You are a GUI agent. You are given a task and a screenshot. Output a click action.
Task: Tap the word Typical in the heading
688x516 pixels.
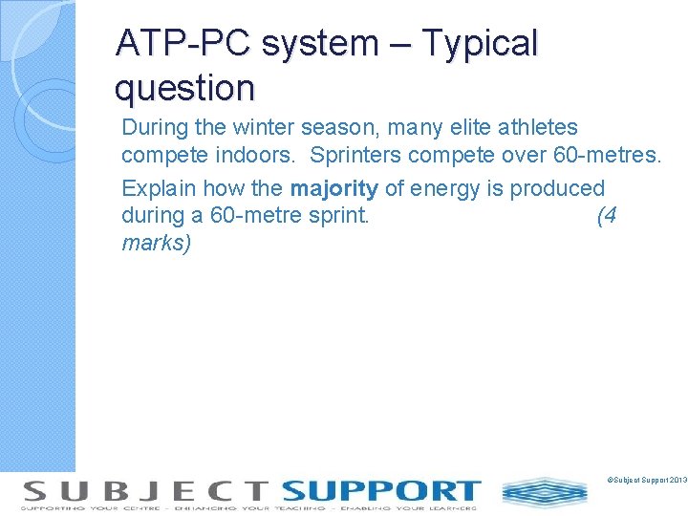(x=481, y=44)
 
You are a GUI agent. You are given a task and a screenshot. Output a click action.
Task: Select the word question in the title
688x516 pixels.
(x=184, y=89)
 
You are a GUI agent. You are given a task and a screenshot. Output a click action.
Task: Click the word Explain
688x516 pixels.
(x=156, y=188)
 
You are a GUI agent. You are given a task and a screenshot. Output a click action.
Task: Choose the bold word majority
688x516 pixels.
(x=333, y=188)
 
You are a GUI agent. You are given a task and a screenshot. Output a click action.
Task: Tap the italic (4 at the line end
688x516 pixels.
(x=606, y=216)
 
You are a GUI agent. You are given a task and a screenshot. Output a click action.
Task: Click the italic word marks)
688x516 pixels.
(x=157, y=244)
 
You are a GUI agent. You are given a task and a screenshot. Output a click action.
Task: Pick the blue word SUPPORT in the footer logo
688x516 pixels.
(x=380, y=491)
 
